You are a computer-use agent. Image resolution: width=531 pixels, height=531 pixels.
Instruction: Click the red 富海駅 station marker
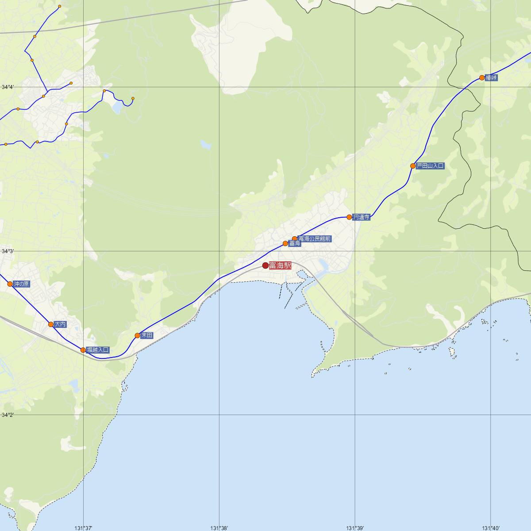265,265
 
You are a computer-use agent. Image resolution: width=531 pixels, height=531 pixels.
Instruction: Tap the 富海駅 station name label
280,265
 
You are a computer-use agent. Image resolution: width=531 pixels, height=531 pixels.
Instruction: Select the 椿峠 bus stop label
491,77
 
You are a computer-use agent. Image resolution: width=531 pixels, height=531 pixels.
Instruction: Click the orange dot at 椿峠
482,78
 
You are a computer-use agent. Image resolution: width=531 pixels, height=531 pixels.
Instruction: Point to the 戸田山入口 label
430,166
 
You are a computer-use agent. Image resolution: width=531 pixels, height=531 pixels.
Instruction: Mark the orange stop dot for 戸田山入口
413,166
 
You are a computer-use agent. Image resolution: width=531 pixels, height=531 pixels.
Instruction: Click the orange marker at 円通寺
349,217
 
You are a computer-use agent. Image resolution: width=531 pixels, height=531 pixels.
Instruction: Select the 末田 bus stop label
147,335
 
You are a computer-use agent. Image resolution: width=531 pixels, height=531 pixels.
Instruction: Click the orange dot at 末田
137,335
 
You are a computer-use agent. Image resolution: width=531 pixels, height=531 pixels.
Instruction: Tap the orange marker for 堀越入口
83,350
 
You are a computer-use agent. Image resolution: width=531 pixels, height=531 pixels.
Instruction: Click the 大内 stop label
60,324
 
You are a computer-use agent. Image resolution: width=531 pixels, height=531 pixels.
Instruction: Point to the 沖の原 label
21,284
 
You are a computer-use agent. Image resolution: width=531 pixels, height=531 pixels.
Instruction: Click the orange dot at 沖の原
10,284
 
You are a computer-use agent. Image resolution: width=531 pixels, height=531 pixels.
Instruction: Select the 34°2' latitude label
8,415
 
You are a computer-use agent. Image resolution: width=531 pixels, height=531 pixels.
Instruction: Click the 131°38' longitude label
219,528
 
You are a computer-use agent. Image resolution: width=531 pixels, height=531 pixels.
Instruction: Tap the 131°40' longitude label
491,528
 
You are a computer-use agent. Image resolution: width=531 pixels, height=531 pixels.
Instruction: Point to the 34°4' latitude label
8,87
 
